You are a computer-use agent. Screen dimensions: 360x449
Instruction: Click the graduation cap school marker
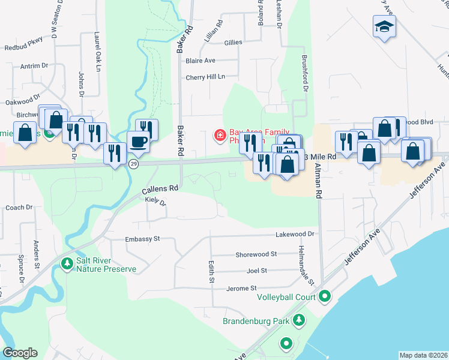click(x=384, y=27)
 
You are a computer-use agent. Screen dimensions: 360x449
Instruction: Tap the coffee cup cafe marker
click(x=138, y=142)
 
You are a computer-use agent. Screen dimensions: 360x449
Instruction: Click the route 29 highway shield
click(x=134, y=164)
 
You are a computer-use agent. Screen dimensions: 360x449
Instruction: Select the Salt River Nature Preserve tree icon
click(x=67, y=263)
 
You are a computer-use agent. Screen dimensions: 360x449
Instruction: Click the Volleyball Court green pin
click(x=325, y=296)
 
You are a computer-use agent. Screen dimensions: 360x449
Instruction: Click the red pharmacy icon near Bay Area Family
click(x=220, y=135)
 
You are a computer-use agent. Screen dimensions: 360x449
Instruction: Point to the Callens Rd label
click(x=160, y=188)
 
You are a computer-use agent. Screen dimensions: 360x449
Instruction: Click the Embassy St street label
click(x=142, y=239)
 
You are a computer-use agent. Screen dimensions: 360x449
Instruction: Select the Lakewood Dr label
click(x=295, y=234)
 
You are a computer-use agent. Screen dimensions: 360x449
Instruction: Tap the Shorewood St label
click(x=256, y=254)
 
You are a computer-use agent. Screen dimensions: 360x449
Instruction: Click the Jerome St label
click(x=241, y=289)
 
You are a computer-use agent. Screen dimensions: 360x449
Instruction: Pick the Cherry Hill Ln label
click(x=205, y=77)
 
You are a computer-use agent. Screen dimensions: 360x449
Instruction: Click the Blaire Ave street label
click(x=200, y=61)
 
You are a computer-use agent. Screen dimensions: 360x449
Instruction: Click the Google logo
click(x=20, y=353)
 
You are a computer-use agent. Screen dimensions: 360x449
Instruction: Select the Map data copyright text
click(x=423, y=355)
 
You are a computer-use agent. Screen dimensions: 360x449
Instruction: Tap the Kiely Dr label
click(x=155, y=202)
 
